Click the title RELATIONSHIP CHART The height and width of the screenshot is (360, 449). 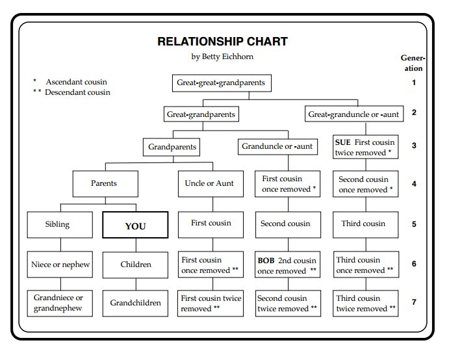click(x=222, y=42)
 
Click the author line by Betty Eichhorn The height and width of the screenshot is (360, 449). click(x=222, y=57)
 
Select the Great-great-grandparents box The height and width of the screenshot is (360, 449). click(x=221, y=83)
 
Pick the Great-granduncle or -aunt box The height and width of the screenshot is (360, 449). click(x=354, y=114)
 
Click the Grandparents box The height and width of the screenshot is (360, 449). click(x=172, y=147)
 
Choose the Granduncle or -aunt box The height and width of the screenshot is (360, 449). click(x=277, y=146)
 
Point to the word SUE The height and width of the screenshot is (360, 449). click(x=342, y=142)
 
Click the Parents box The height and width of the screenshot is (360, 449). click(x=104, y=183)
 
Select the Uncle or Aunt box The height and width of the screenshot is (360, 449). click(x=211, y=183)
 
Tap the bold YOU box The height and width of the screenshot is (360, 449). click(x=135, y=226)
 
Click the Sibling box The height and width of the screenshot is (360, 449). click(x=57, y=224)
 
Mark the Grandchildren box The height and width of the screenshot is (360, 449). click(x=135, y=303)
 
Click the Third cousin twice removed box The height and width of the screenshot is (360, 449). click(x=366, y=303)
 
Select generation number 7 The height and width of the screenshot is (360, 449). click(x=414, y=302)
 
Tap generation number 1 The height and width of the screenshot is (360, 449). click(x=414, y=83)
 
